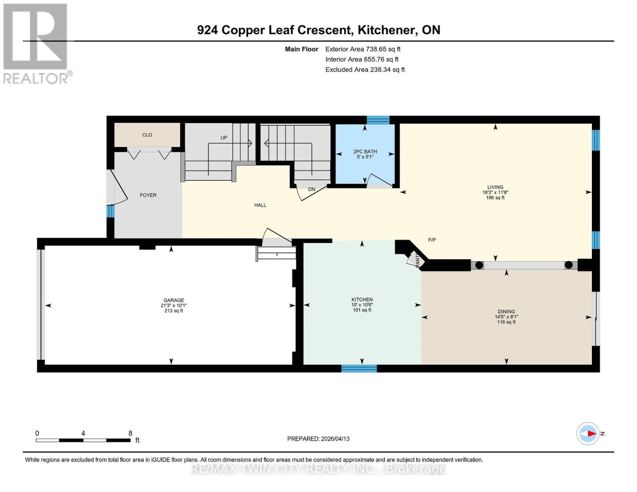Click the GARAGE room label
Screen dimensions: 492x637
pyautogui.click(x=174, y=300)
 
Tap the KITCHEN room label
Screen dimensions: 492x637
pyautogui.click(x=362, y=300)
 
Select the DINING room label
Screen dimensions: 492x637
pyautogui.click(x=506, y=312)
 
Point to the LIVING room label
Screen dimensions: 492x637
pyautogui.click(x=495, y=187)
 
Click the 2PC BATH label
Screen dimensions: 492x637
pyautogui.click(x=365, y=152)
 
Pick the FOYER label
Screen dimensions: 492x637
pyautogui.click(x=148, y=195)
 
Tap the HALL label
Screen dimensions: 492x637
pyautogui.click(x=260, y=205)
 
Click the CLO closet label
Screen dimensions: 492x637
pyautogui.click(x=147, y=135)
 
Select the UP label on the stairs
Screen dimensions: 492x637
pyautogui.click(x=224, y=138)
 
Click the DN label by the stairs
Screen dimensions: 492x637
pyautogui.click(x=312, y=189)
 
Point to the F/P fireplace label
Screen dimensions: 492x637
pyautogui.click(x=432, y=240)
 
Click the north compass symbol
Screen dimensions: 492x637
pyautogui.click(x=588, y=433)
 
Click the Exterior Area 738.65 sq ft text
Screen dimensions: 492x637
pyautogui.click(x=363, y=49)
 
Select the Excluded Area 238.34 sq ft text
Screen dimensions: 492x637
pyautogui.click(x=365, y=70)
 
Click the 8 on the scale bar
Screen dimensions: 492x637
pyautogui.click(x=130, y=433)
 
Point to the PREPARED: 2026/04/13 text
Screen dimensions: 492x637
pyautogui.click(x=318, y=439)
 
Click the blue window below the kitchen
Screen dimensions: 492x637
pyautogui.click(x=359, y=368)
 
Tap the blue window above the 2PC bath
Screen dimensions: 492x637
pyautogui.click(x=378, y=120)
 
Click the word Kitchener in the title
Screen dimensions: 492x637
pyautogui.click(x=385, y=30)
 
